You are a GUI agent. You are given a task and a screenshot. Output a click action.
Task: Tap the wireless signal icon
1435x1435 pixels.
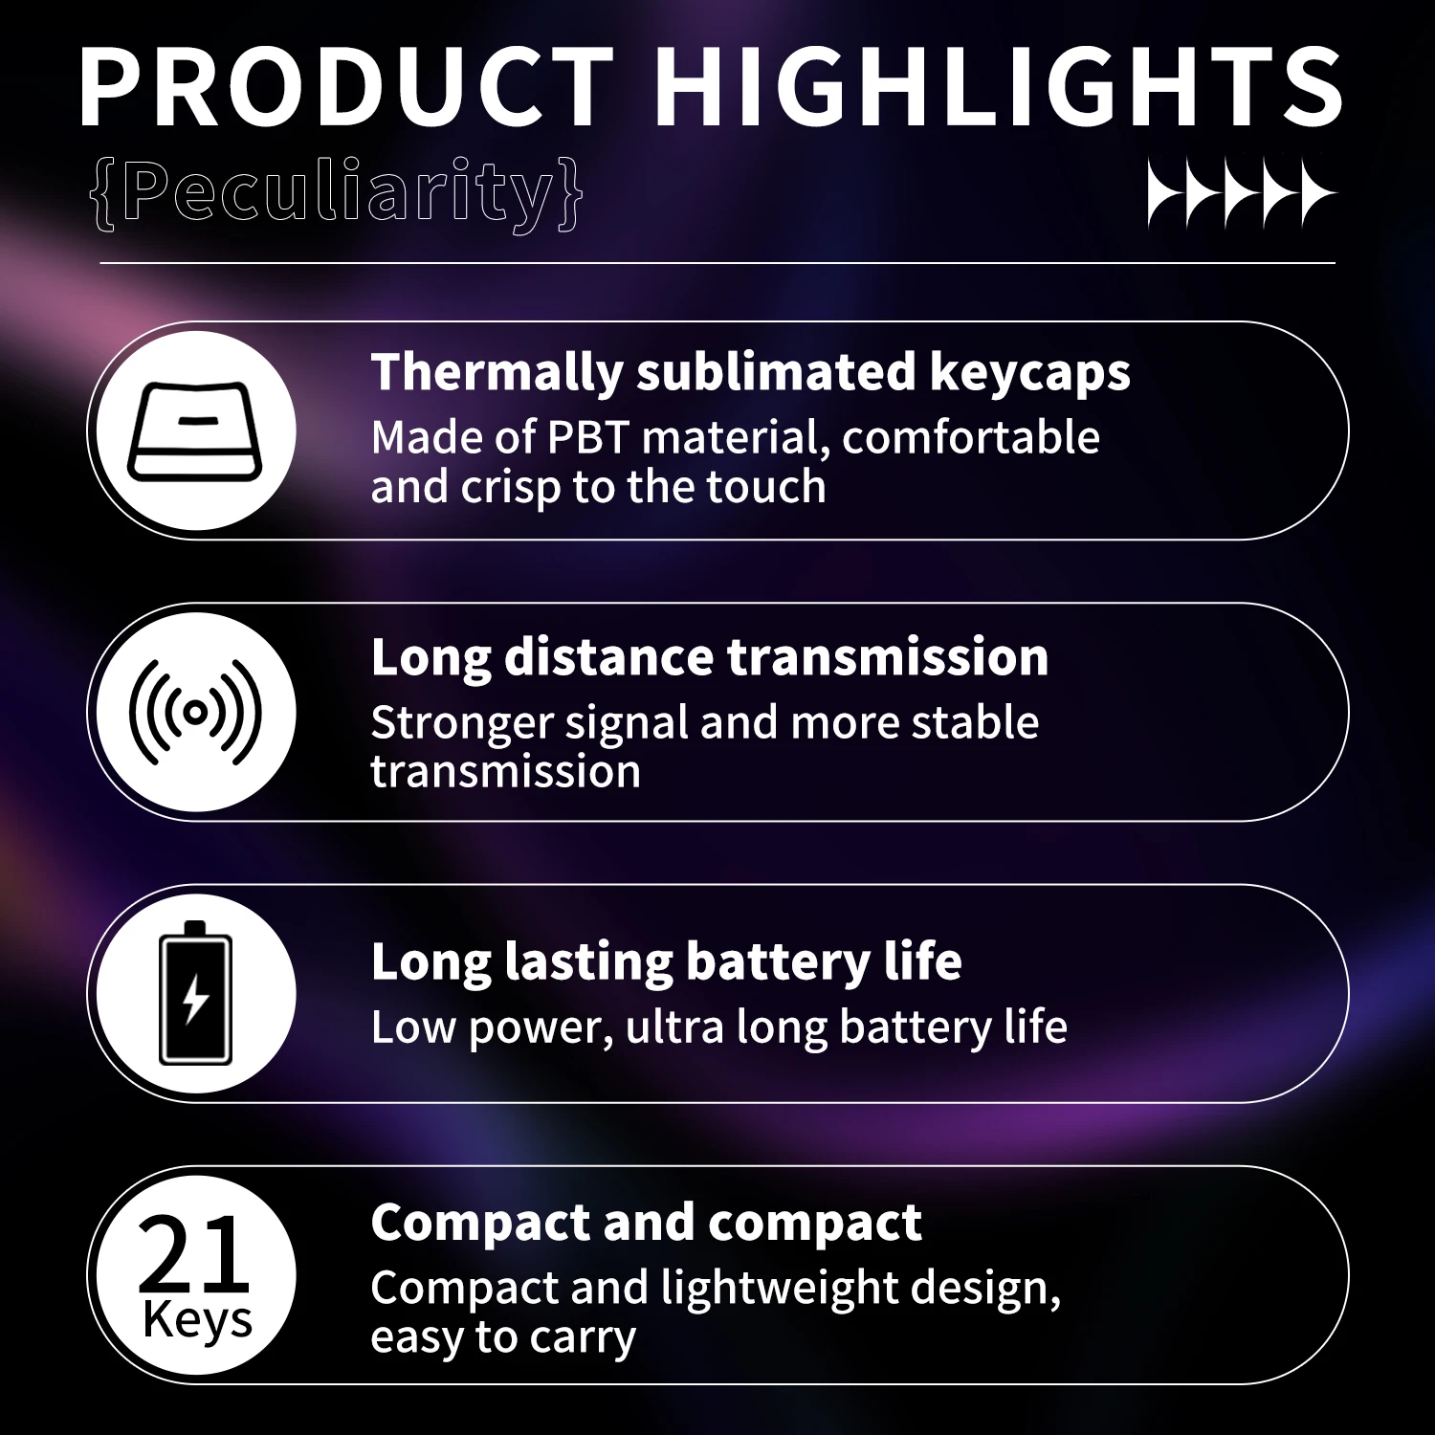click(x=195, y=712)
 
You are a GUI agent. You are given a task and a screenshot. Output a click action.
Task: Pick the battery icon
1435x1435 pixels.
click(x=195, y=993)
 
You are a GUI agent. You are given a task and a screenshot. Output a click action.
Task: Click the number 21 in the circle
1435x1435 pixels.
click(x=193, y=1253)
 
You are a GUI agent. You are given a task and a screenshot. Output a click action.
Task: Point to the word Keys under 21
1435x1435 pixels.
click(x=197, y=1320)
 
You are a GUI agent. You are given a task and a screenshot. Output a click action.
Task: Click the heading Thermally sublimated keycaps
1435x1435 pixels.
click(x=750, y=372)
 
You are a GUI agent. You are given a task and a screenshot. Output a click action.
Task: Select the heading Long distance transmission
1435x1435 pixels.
click(x=709, y=657)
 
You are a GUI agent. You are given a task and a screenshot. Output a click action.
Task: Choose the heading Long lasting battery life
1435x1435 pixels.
click(x=666, y=961)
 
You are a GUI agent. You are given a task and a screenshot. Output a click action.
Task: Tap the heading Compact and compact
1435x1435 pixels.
click(x=646, y=1223)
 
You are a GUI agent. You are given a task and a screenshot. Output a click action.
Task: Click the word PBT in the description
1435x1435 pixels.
click(x=586, y=438)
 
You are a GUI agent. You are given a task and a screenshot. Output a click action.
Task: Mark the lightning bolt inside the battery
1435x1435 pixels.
click(x=195, y=999)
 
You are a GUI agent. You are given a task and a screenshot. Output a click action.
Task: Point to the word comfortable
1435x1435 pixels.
click(x=970, y=438)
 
